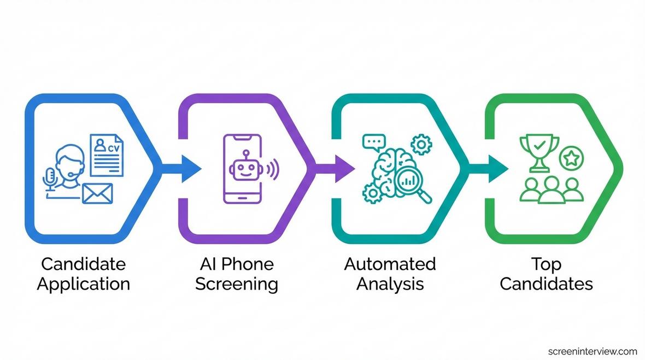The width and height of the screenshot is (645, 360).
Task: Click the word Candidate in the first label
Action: [83, 264]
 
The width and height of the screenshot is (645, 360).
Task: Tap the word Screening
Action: [236, 284]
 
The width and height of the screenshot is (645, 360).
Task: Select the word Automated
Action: [390, 264]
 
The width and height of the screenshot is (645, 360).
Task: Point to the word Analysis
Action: [390, 284]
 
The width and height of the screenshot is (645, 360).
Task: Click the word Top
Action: [546, 264]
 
